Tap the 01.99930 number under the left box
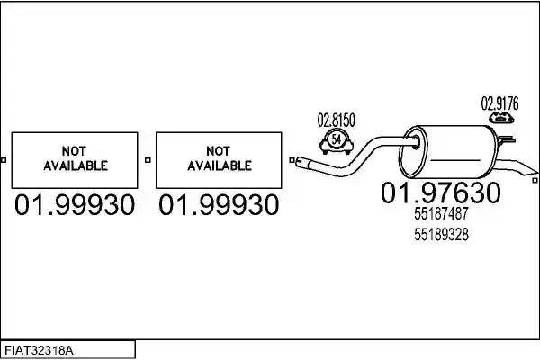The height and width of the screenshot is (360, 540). point(75,205)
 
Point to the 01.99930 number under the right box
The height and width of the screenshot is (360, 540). point(219,205)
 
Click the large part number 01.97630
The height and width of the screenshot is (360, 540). point(441,193)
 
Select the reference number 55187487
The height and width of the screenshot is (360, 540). point(441,213)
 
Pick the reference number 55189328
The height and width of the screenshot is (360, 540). point(441,235)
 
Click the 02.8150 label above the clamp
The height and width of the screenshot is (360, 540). point(336,120)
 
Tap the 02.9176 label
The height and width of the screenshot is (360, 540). point(499,103)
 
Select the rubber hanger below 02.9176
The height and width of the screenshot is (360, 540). point(501,118)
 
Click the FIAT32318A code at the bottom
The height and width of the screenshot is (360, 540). point(39,351)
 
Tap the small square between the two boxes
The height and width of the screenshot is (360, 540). point(148,160)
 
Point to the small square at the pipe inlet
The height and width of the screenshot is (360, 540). point(292,160)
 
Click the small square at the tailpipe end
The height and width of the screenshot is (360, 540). point(535,180)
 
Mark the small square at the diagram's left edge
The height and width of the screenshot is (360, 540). point(4,160)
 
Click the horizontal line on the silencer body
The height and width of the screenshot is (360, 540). point(455,160)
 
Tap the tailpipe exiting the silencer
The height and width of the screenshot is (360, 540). point(516,167)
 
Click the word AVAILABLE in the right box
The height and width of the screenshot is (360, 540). point(220,166)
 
